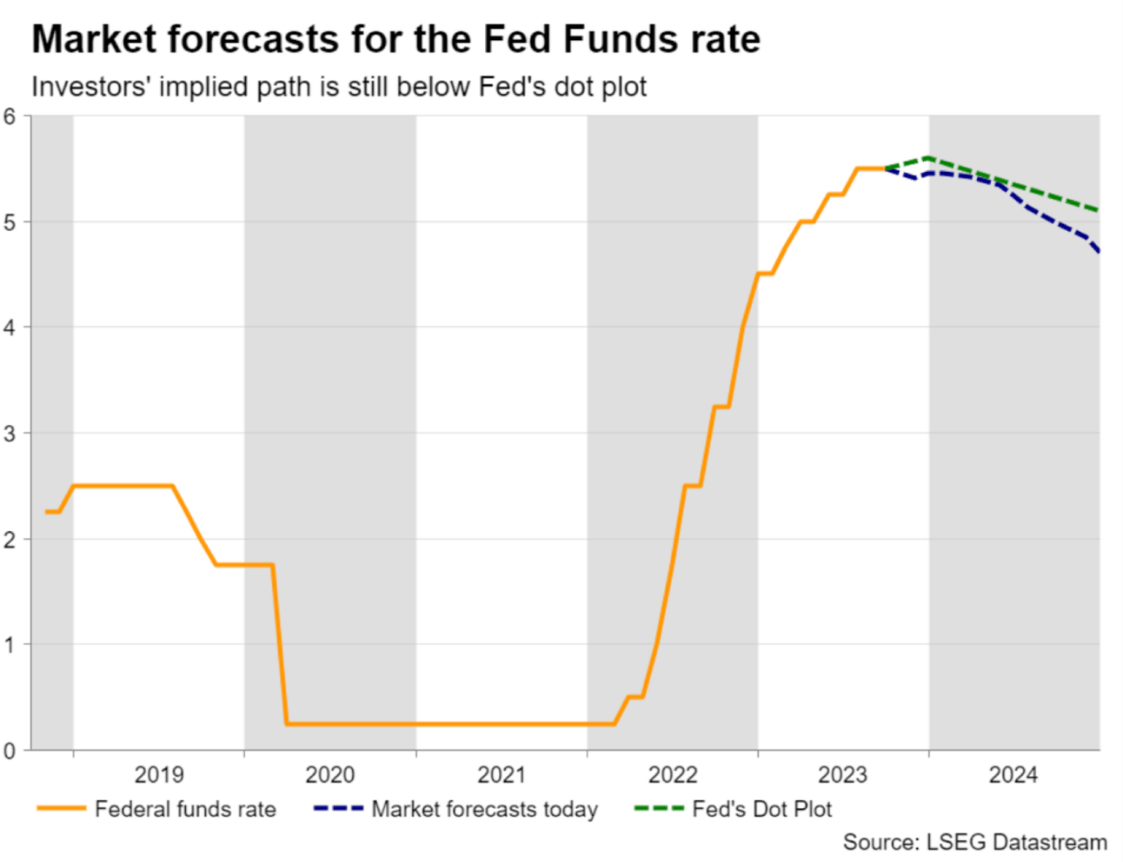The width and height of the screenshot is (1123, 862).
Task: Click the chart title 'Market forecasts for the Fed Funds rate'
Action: (395, 40)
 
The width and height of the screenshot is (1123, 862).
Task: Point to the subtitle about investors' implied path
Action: (339, 87)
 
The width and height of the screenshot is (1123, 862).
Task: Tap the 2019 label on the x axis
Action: (159, 774)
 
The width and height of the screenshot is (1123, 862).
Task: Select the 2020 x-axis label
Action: (330, 774)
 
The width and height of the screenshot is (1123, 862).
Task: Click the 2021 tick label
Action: (502, 774)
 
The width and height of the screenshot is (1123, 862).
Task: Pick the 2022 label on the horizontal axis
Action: (673, 774)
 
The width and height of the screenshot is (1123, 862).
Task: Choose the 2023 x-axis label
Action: (843, 774)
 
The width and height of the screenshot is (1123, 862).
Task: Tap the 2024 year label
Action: (1013, 774)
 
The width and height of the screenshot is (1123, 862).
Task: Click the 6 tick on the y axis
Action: (10, 116)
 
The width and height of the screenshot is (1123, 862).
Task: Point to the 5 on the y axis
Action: (10, 222)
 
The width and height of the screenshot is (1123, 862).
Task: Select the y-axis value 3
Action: (10, 434)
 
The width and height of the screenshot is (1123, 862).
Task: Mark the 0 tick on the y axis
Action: (10, 751)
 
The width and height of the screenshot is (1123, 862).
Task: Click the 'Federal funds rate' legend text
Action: (185, 810)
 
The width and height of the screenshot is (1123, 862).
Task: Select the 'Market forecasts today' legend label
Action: (484, 810)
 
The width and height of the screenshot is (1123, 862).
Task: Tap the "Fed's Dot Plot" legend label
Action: (761, 810)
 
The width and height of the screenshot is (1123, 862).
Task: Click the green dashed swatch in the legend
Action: (659, 809)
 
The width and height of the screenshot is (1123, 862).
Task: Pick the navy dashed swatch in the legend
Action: (338, 809)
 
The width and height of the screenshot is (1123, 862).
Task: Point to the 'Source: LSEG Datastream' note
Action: (974, 842)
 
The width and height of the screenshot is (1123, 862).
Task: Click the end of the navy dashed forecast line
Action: (1100, 252)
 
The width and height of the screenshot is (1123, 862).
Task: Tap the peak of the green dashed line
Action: (929, 157)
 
